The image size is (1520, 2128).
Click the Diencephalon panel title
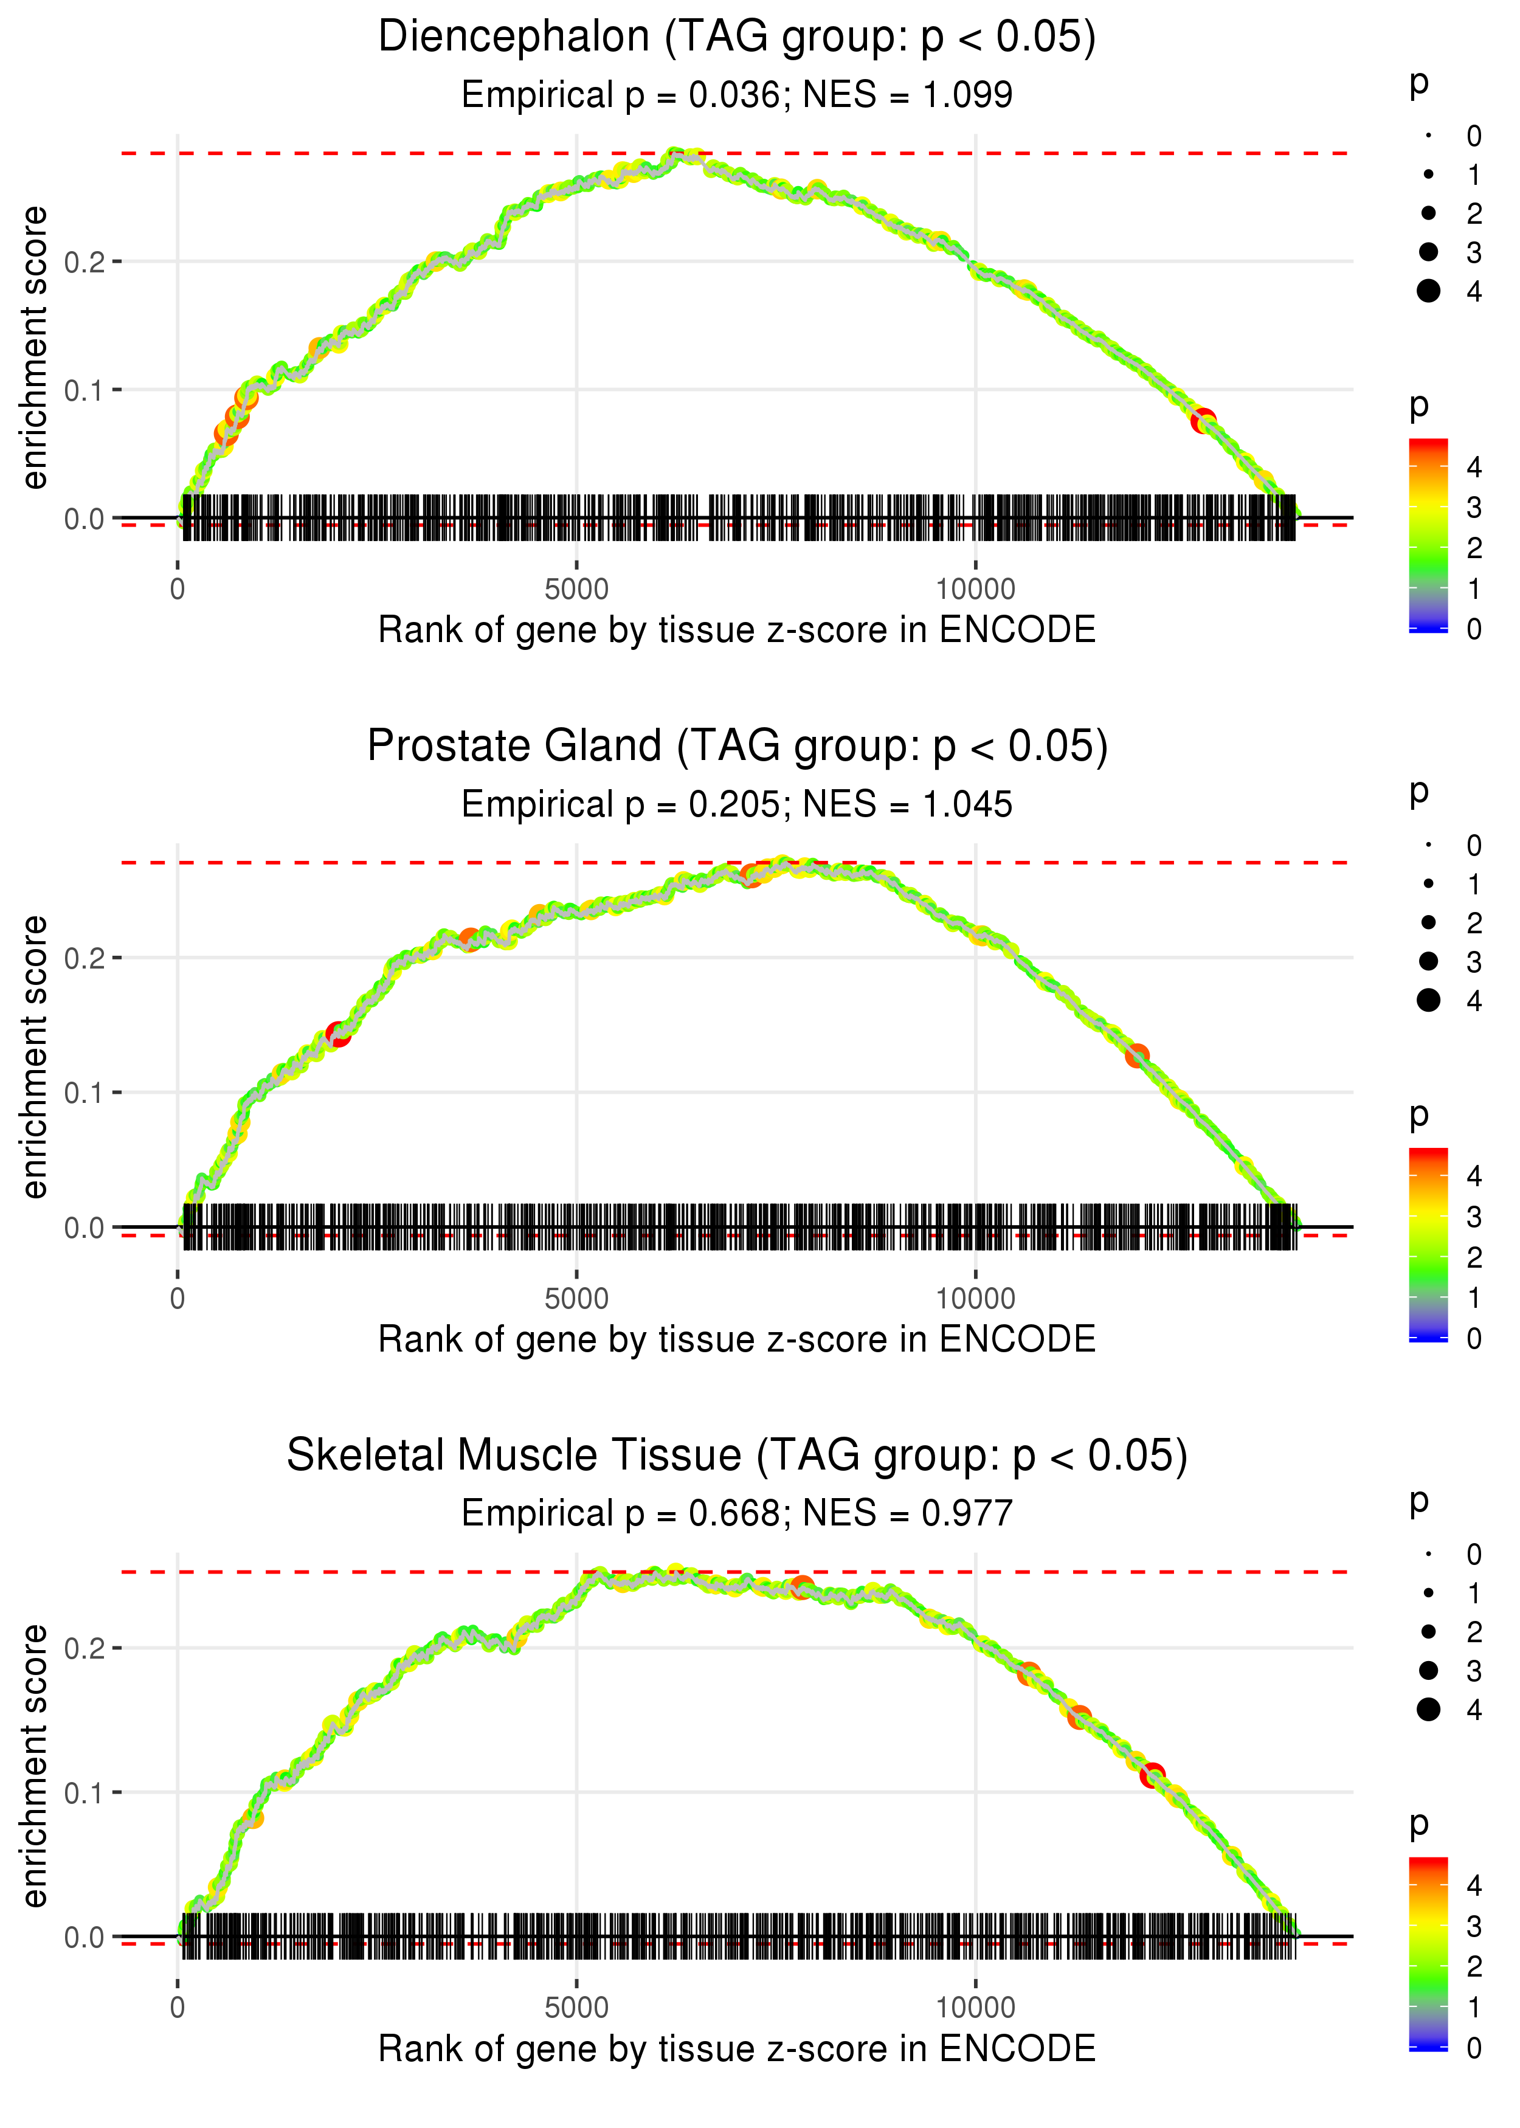point(737,38)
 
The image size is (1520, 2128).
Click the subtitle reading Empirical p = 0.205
point(737,805)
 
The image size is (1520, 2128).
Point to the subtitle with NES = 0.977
point(737,1514)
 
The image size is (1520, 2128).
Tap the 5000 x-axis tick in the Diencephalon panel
point(576,590)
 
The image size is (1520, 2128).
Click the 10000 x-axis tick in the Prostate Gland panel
point(975,1299)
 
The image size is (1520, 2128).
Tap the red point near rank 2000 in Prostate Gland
point(338,1034)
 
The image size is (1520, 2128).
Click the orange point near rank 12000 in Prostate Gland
point(1136,1055)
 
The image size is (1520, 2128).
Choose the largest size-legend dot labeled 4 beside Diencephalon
point(1428,291)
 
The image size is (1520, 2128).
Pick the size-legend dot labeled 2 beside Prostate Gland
point(1428,923)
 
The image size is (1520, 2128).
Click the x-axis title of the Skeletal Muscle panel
point(737,2050)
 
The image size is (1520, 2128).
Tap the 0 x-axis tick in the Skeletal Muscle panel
point(178,2008)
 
